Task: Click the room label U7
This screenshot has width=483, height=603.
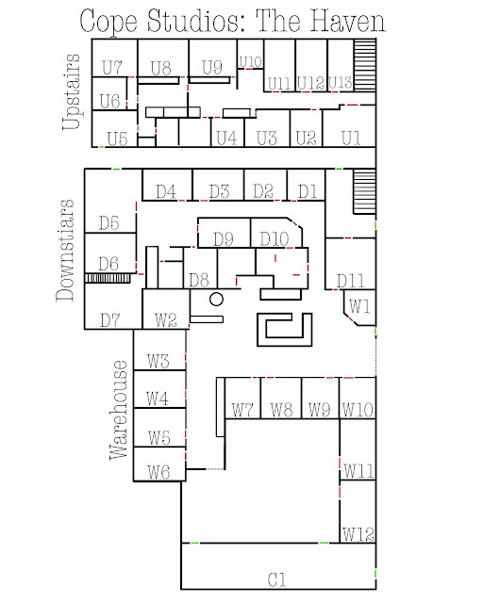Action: point(112,68)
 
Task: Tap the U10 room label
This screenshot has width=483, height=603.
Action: point(250,61)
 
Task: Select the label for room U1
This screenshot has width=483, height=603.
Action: point(351,138)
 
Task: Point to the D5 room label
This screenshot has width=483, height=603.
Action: point(109,223)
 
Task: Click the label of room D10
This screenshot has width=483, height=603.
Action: point(275,238)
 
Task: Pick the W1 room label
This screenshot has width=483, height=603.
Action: point(359,306)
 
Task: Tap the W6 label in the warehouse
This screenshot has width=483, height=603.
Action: point(158,471)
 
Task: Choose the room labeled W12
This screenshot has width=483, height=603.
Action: point(358,534)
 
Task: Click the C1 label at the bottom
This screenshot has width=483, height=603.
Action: point(277,579)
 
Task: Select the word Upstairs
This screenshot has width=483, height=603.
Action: point(72,91)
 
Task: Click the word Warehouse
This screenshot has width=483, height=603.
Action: point(118,410)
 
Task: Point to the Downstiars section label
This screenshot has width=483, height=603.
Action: point(65,250)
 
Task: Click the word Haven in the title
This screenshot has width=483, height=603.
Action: point(348,21)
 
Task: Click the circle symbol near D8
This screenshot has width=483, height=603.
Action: point(216,300)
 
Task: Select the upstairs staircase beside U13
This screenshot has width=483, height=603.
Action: point(365,65)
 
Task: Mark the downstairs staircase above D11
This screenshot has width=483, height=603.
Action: point(364,191)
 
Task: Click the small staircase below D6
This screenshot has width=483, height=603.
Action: point(108,278)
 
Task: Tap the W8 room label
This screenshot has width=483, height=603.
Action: point(281,410)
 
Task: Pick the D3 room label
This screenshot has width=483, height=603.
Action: point(219,191)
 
